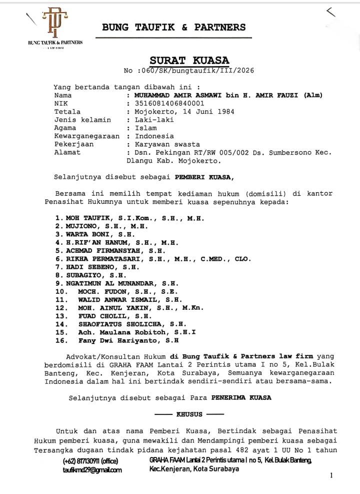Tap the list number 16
(x=61, y=340)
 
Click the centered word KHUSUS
(x=189, y=414)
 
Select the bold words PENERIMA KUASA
(x=242, y=398)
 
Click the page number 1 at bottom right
(x=331, y=476)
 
